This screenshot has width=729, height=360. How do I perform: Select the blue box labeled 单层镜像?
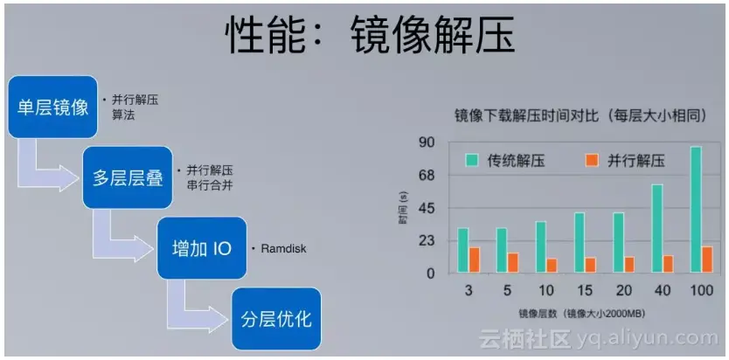click(53, 107)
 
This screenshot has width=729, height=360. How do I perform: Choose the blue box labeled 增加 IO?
click(201, 248)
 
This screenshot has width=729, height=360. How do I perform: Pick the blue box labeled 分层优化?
click(275, 318)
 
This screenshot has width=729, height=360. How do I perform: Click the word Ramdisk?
click(283, 249)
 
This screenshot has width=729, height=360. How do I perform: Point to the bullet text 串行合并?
click(209, 185)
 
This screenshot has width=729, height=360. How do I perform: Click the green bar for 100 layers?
click(696, 210)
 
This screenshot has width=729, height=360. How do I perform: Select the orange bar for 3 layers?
click(475, 260)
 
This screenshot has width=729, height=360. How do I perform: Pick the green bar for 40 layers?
click(657, 228)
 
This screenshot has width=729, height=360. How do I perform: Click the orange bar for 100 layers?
click(707, 259)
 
